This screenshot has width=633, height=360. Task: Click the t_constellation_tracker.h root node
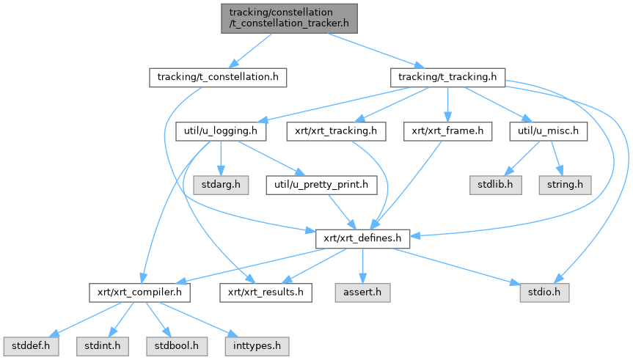[x=290, y=18]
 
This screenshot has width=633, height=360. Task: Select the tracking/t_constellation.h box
[x=218, y=77]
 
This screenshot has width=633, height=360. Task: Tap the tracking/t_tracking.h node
[x=447, y=77]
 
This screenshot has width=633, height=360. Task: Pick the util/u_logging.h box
[x=221, y=132]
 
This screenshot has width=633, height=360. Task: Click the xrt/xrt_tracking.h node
[x=336, y=132]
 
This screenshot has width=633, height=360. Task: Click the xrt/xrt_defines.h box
[x=362, y=238]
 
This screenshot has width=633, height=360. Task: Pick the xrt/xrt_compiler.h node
[x=139, y=293]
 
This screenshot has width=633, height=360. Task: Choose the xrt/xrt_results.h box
[x=266, y=293]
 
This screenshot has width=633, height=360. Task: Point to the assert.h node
[x=362, y=293]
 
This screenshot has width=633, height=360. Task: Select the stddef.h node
[x=27, y=343]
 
